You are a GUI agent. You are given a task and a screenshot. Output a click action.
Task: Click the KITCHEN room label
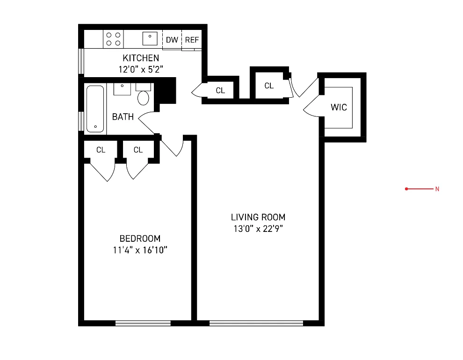[x=141, y=58]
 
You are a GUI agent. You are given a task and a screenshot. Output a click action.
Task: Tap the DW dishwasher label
[x=172, y=40]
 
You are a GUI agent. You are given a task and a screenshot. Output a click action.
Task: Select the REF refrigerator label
[x=192, y=40]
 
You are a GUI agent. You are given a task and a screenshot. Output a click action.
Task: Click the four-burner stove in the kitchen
[x=113, y=39]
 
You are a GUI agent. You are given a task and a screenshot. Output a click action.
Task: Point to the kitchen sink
[x=150, y=38]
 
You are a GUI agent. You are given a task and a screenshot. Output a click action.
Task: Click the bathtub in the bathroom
[x=95, y=109]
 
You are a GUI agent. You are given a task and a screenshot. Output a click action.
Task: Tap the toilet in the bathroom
[x=143, y=95]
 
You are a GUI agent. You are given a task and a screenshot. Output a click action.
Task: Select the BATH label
[x=123, y=117]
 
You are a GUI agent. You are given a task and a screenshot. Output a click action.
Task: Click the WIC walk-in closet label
[x=339, y=108]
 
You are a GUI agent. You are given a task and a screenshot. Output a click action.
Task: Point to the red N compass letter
[x=437, y=189]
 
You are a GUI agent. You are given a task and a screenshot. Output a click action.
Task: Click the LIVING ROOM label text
[x=258, y=217]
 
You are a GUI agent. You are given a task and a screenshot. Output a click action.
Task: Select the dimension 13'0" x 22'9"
[x=258, y=229]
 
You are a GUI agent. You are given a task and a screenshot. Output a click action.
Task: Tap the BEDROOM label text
[x=140, y=238]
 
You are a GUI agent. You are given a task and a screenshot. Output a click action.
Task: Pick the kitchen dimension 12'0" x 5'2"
[x=141, y=69]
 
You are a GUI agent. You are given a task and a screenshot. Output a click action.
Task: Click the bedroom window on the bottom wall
[x=143, y=323]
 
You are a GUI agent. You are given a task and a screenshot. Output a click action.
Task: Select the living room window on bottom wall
[x=256, y=323]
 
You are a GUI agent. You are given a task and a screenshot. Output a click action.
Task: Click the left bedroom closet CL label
[x=101, y=150]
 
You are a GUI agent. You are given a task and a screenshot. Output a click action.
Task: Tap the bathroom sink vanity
[x=122, y=88]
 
